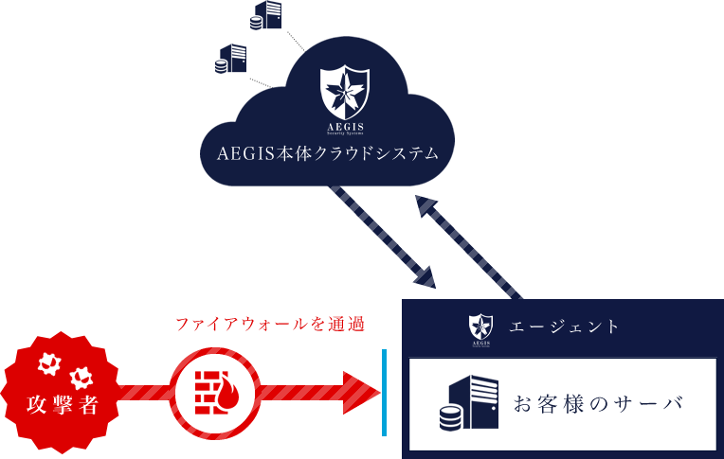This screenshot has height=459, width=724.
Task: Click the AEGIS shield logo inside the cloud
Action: tap(343, 92)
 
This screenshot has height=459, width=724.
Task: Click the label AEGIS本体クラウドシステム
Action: tap(328, 153)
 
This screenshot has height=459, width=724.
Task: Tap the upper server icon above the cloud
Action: tap(268, 15)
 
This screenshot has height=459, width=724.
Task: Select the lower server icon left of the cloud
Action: tap(231, 59)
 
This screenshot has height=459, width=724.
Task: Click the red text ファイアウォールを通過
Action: tap(270, 326)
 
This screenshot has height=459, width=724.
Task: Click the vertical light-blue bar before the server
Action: tap(384, 393)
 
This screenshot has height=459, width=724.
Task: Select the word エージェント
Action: tap(565, 327)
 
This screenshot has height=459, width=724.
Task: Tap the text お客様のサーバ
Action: tap(598, 405)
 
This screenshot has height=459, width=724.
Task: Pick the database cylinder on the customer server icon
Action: tap(450, 417)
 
